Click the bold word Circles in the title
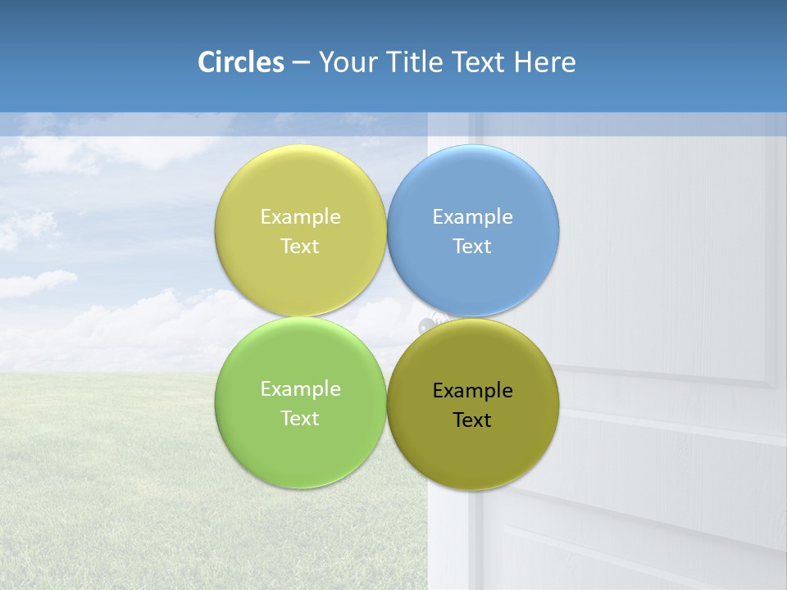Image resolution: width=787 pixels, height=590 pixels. (x=240, y=62)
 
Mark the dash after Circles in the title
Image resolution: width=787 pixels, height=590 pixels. (x=301, y=63)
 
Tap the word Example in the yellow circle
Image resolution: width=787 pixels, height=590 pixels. (x=300, y=216)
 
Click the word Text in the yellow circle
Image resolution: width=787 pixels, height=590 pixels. (x=300, y=246)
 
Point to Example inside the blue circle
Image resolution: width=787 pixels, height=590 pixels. (x=472, y=216)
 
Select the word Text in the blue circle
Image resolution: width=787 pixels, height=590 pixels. (x=472, y=246)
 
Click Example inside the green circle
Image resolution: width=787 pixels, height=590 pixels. (x=300, y=388)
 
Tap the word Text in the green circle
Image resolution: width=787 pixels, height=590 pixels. (x=300, y=418)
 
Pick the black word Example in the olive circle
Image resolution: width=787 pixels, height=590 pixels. (x=472, y=390)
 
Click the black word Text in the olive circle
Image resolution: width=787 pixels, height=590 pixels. (x=472, y=420)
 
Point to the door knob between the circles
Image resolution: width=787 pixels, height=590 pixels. (x=429, y=324)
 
